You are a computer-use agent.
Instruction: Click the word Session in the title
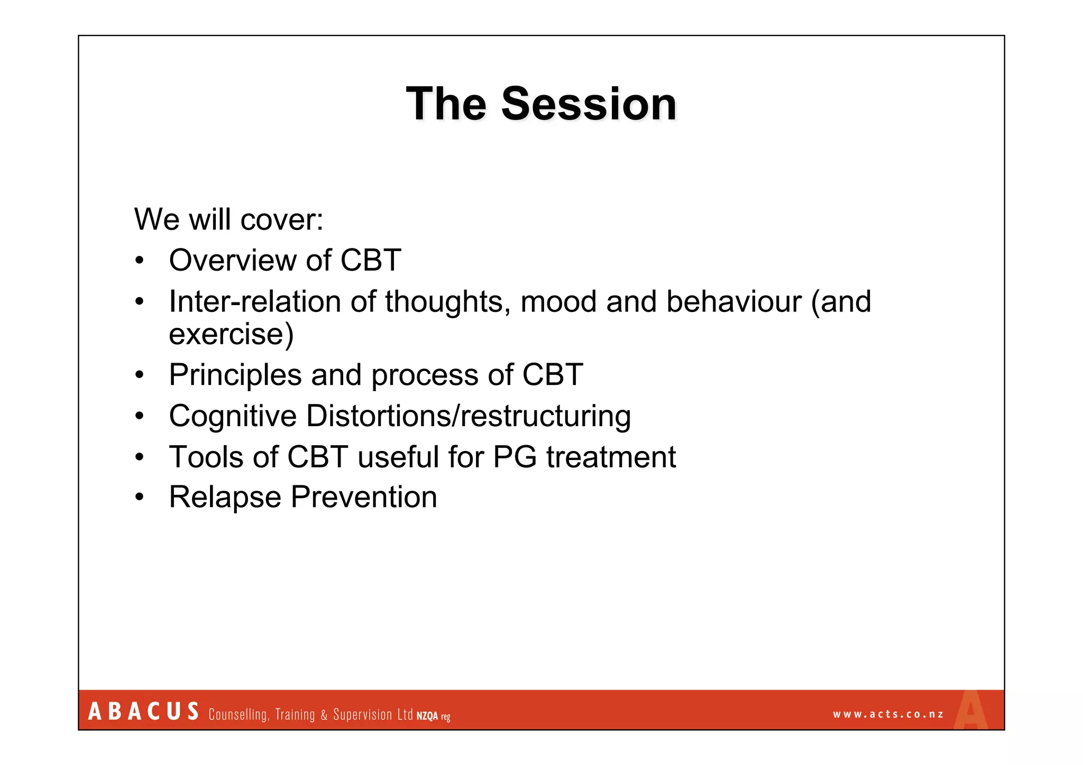coord(589,104)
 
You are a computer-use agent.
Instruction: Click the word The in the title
coord(446,104)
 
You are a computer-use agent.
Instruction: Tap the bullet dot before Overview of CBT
coord(139,261)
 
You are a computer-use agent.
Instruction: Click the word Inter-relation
coord(255,302)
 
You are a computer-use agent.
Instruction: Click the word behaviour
coord(733,302)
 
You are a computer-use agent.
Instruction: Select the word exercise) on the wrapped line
coord(231,334)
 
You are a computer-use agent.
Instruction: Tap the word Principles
coord(235,375)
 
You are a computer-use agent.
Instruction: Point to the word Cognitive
coord(233,416)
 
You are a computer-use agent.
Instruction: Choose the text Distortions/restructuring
coord(468,416)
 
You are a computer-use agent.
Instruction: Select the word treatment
coord(611,457)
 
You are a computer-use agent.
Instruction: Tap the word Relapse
coord(225,497)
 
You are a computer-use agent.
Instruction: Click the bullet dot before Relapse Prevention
coord(139,497)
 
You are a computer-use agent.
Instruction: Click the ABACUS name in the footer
coord(143,712)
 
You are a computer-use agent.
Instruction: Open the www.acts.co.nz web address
coord(888,714)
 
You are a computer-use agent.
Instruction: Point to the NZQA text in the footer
coord(427,716)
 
